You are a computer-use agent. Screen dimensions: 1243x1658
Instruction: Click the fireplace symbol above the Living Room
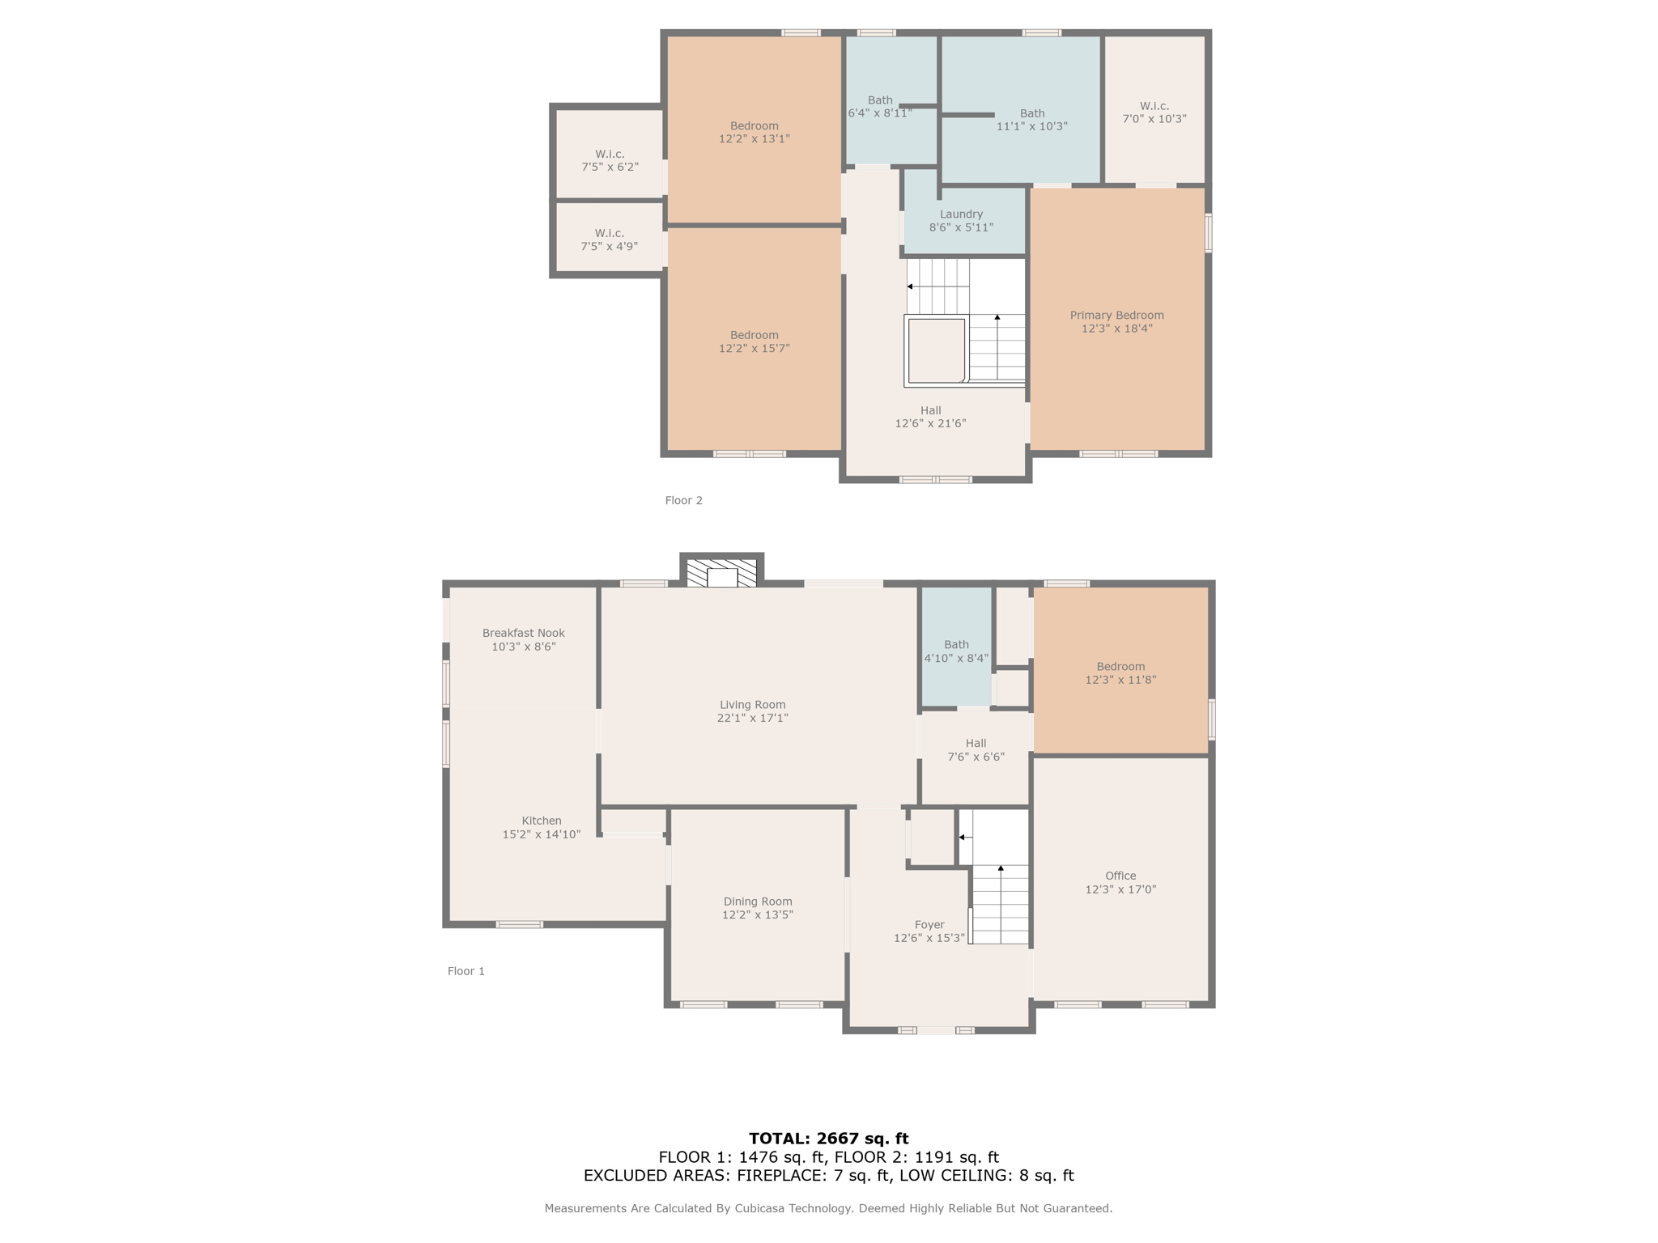(x=721, y=573)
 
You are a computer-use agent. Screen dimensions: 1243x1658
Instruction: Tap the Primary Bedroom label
(x=1116, y=316)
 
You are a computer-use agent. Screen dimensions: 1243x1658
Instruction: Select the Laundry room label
(x=961, y=214)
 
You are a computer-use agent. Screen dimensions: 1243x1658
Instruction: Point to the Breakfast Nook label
(x=523, y=634)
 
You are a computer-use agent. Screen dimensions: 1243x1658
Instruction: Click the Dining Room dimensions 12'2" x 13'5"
(x=757, y=915)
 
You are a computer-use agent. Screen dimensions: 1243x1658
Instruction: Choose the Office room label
(x=1120, y=876)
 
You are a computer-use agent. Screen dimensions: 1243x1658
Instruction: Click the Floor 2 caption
(x=683, y=500)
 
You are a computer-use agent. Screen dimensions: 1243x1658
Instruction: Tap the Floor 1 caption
(x=466, y=971)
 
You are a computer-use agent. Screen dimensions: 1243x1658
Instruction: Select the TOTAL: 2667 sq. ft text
(x=828, y=1139)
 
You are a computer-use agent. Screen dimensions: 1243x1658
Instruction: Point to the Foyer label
(x=929, y=924)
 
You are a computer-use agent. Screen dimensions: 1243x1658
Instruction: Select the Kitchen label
(x=541, y=821)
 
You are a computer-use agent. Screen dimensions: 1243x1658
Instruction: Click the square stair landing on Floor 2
(x=936, y=350)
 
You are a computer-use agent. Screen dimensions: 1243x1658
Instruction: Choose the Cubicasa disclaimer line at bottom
(x=828, y=1208)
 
